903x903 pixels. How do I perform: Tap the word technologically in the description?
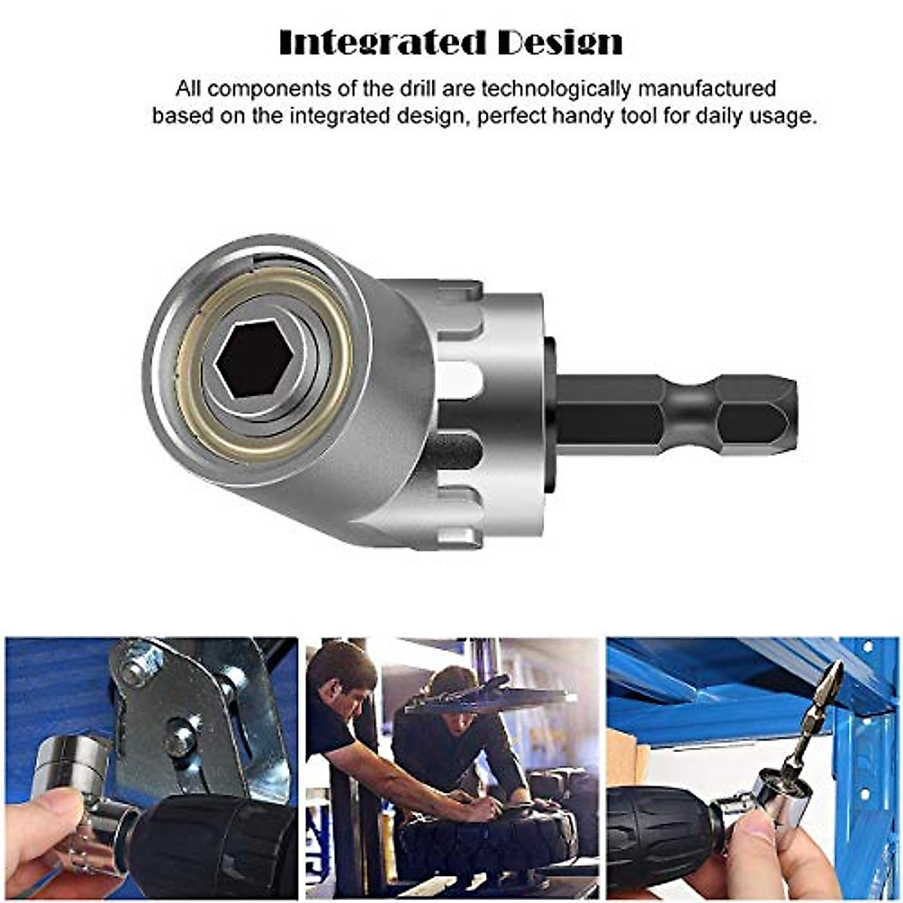pos(556,88)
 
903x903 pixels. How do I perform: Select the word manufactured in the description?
pos(707,88)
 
